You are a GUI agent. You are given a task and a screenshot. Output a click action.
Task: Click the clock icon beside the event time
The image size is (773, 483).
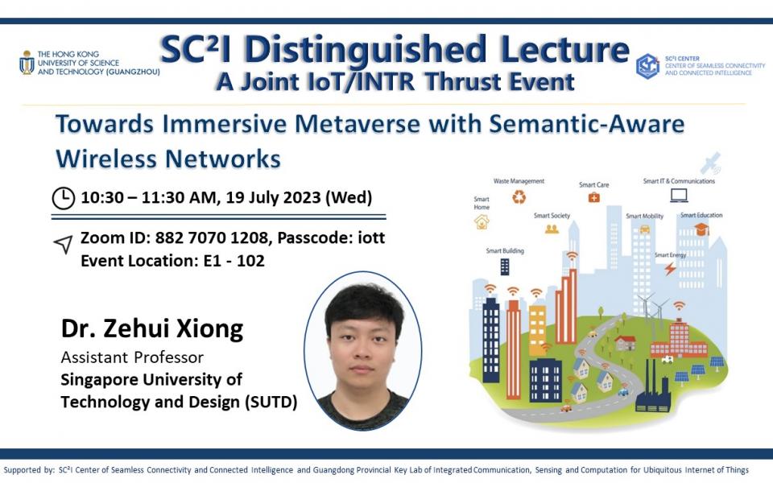pyautogui.click(x=64, y=197)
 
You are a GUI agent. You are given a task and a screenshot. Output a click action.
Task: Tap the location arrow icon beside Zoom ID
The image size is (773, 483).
pyautogui.click(x=63, y=246)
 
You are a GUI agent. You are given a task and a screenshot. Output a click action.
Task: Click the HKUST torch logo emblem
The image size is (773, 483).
pyautogui.click(x=27, y=62)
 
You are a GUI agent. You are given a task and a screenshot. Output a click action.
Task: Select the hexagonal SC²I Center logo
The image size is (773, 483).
pyautogui.click(x=647, y=66)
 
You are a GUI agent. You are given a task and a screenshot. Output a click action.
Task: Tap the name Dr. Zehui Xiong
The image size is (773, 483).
pyautogui.click(x=152, y=329)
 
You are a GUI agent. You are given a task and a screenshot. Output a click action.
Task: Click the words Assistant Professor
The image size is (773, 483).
pyautogui.click(x=133, y=357)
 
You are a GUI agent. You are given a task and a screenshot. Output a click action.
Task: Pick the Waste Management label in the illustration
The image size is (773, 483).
pyautogui.click(x=519, y=181)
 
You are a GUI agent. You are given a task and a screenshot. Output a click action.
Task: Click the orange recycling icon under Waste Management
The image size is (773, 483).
pyautogui.click(x=520, y=197)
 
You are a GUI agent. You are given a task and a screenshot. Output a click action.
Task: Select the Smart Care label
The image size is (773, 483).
pyautogui.click(x=593, y=184)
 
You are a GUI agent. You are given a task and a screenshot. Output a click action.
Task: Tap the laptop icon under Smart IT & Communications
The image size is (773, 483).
pyautogui.click(x=679, y=196)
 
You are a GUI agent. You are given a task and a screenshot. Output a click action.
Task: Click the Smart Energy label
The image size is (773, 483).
pyautogui.click(x=670, y=254)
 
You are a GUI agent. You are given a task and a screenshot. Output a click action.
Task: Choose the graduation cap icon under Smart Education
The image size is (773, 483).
pyautogui.click(x=701, y=230)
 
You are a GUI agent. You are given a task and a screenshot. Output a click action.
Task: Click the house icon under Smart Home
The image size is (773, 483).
pyautogui.click(x=482, y=221)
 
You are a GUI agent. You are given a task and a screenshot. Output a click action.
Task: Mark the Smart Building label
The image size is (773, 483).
pyautogui.click(x=505, y=251)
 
